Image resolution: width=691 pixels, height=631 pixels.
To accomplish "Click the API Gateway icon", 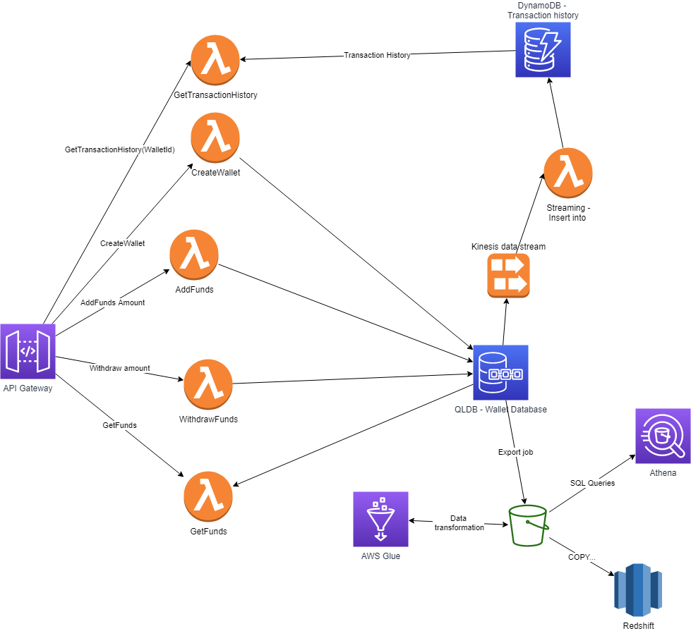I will click(x=28, y=352).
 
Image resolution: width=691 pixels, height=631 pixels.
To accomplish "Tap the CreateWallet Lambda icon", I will click(x=215, y=137).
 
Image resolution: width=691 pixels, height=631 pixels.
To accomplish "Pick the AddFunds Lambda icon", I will click(x=193, y=254).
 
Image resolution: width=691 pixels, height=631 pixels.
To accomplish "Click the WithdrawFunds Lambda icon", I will click(x=208, y=384).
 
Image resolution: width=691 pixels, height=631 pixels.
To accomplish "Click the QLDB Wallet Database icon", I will click(x=500, y=372).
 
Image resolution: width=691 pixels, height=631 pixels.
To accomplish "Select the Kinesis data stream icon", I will click(x=508, y=276).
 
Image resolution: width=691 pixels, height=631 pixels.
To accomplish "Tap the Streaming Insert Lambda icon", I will click(x=567, y=173).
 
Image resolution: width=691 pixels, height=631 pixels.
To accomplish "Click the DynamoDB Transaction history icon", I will click(x=542, y=49).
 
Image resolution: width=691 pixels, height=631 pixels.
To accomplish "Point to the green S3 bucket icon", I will click(x=529, y=525).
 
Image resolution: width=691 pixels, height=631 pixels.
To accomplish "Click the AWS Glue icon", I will click(x=380, y=520).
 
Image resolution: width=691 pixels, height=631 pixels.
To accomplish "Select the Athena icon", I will click(x=663, y=436).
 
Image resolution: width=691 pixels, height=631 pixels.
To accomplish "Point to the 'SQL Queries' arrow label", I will click(x=592, y=483).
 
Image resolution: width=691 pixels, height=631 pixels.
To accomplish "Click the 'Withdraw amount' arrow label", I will click(x=119, y=368).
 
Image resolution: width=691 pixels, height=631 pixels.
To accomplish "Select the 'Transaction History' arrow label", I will click(x=376, y=55).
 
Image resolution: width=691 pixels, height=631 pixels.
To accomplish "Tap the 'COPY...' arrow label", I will click(x=582, y=557).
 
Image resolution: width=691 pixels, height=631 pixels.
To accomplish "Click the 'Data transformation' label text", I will click(x=459, y=522).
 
